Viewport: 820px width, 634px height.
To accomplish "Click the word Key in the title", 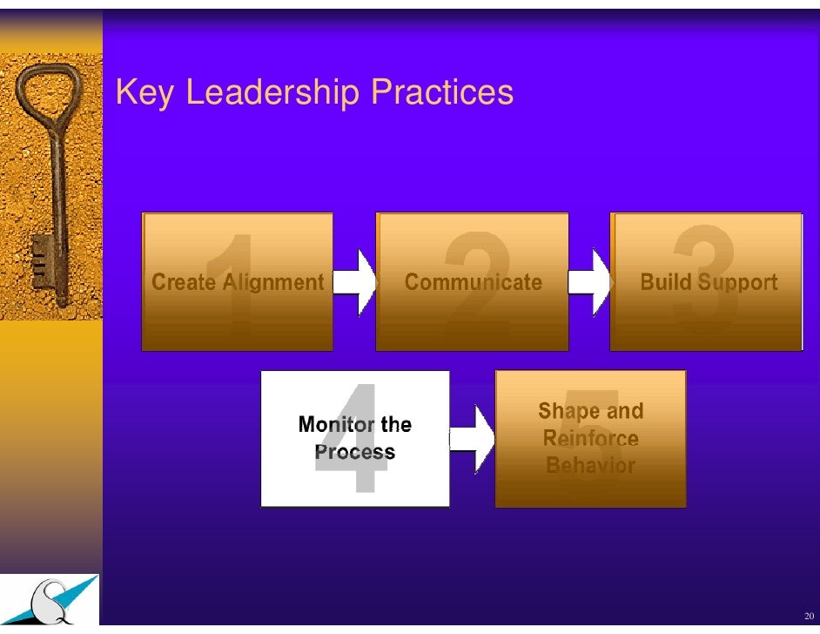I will pos(145,92).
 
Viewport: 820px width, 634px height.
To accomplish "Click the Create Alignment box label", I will pos(238,282).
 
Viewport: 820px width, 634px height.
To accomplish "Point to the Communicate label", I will pos(473,282).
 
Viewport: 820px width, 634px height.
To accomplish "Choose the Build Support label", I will pos(708,282).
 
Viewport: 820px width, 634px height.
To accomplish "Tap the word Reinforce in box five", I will pos(590,438).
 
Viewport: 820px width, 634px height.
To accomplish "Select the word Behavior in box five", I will pos(590,465).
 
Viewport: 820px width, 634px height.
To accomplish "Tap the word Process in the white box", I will pos(355,453).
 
